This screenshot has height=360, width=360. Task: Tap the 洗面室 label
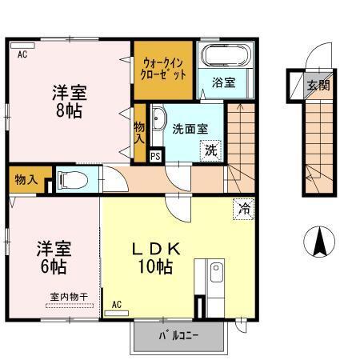191,128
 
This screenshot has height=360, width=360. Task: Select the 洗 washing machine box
210,148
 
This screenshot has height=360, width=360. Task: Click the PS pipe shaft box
155,157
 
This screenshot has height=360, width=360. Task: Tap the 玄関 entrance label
318,83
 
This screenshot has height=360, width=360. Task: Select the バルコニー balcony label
177,335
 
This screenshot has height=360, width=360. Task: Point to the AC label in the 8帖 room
23,55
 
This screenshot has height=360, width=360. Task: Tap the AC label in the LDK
117,305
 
